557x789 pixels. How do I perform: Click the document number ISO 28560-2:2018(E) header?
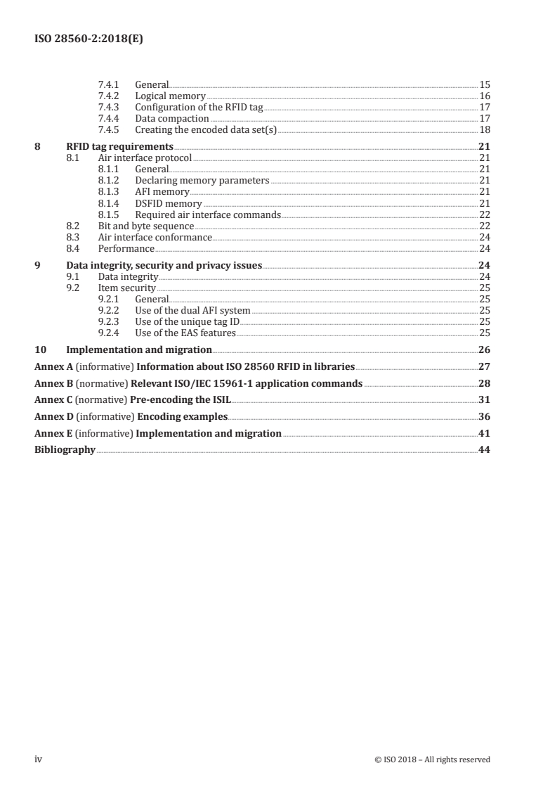tap(89, 39)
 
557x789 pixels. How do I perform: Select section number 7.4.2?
tap(109, 96)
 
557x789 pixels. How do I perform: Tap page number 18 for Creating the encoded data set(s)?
tap(484, 130)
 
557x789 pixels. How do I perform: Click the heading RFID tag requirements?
tap(119, 146)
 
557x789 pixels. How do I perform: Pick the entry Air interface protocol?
tap(144, 158)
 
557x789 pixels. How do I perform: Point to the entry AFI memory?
tap(162, 192)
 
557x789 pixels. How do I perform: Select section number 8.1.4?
tap(109, 203)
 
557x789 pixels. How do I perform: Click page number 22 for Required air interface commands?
tap(484, 214)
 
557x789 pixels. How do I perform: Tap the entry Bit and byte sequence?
tap(145, 226)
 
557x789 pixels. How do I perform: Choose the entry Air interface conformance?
tap(155, 238)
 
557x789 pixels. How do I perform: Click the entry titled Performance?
tap(126, 249)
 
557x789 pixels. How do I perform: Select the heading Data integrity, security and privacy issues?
tap(164, 265)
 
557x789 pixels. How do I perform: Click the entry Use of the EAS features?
tap(185, 333)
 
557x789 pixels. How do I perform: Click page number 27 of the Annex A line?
tap(484, 366)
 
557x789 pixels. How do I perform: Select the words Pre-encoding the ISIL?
tap(181, 399)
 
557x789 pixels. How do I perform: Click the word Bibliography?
tap(65, 449)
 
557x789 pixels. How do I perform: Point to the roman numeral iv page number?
tap(39, 759)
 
